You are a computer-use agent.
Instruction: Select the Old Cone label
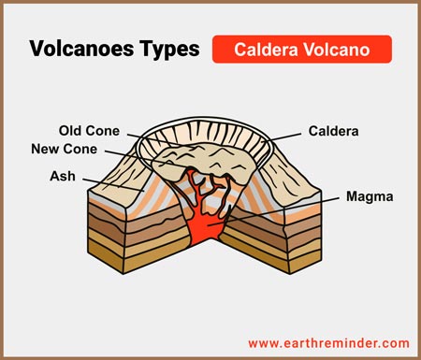(91, 130)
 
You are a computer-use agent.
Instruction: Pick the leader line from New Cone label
(150, 156)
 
